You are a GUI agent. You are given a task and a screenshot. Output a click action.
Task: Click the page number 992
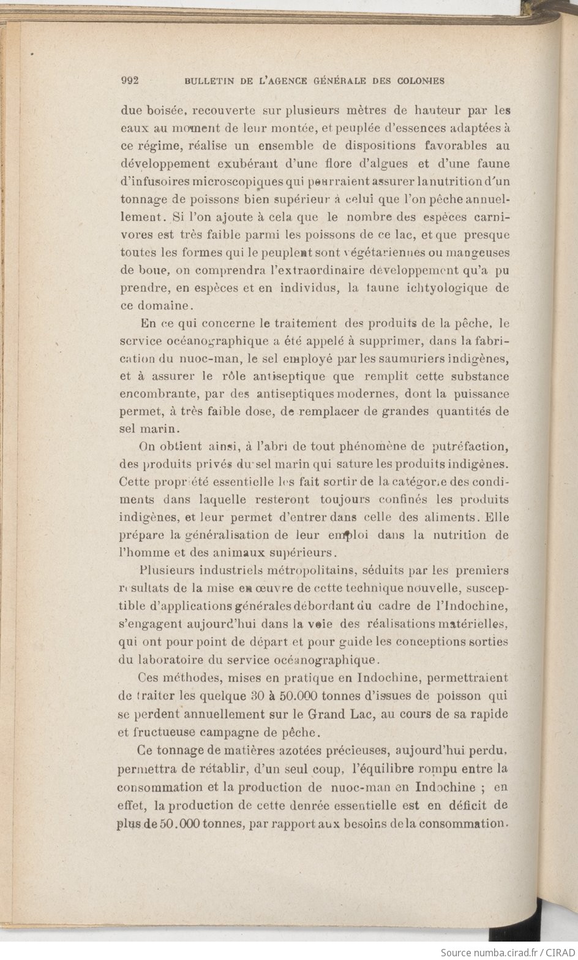point(131,80)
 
